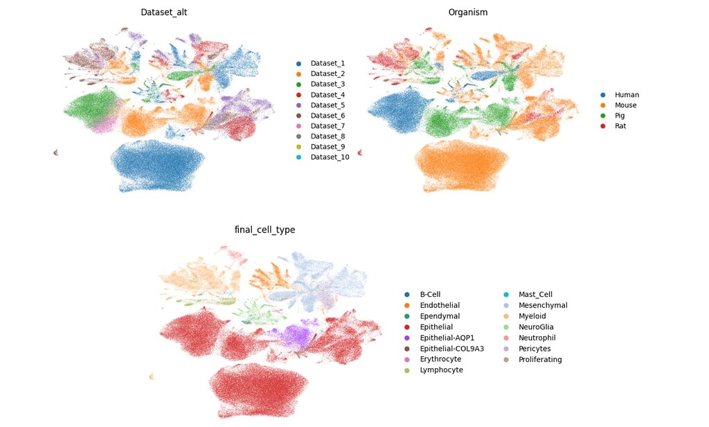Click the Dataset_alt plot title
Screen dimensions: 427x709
coord(163,12)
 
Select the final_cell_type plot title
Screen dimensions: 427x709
coord(265,230)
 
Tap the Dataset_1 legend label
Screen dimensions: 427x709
coord(327,63)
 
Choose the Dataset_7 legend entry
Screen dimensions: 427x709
coord(327,126)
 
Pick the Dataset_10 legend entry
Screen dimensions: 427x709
coord(330,157)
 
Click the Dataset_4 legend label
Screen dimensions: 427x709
coord(327,95)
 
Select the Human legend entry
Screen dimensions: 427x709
coord(627,95)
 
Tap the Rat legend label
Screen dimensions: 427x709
coord(620,126)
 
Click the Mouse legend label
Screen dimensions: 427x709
coord(625,105)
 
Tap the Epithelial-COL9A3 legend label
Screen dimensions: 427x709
coord(451,348)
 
